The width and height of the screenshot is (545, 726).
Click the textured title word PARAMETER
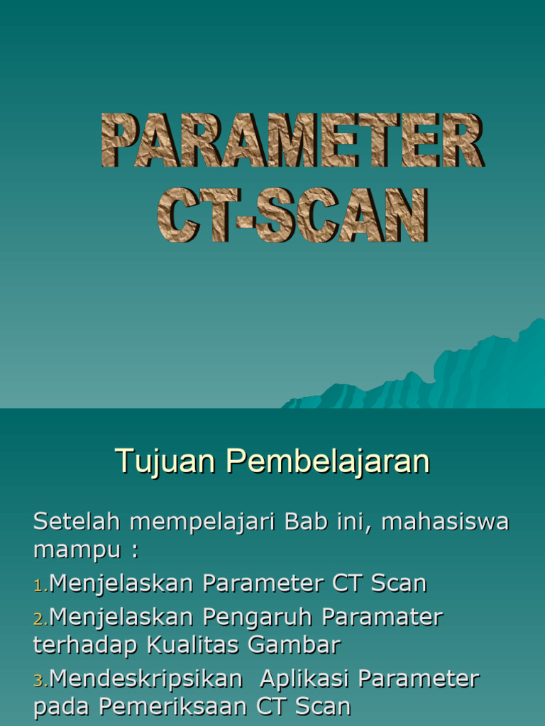coord(292,142)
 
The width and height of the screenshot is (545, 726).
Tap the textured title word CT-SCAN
coord(292,215)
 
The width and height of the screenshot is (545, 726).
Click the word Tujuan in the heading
coord(166,462)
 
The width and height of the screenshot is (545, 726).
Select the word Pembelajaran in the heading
coord(329,462)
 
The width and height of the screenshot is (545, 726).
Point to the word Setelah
coord(77,522)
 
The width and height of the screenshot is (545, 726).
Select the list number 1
coord(39,585)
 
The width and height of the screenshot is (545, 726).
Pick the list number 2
coord(39,619)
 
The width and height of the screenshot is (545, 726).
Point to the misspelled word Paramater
coord(382,618)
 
